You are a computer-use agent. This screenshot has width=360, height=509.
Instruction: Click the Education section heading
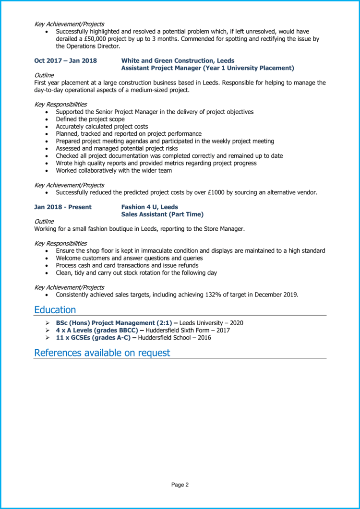click(x=55, y=310)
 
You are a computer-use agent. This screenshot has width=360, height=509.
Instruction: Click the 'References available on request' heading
click(x=102, y=353)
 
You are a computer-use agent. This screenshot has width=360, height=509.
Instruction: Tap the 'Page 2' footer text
click(x=180, y=485)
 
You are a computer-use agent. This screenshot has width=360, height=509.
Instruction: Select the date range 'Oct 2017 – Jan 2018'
click(x=65, y=61)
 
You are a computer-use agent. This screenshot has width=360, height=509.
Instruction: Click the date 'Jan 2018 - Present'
click(x=63, y=207)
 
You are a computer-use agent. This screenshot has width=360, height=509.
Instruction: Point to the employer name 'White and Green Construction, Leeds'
click(x=178, y=61)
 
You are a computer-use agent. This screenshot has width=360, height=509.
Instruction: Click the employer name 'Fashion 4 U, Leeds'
click(x=149, y=207)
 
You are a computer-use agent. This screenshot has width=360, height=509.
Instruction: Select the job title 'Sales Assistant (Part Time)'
click(x=162, y=214)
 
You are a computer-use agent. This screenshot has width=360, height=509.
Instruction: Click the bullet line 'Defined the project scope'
click(x=90, y=119)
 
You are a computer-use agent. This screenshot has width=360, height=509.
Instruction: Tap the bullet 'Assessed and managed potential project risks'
click(x=117, y=148)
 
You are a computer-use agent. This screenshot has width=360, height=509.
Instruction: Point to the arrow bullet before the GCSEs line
click(x=47, y=338)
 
